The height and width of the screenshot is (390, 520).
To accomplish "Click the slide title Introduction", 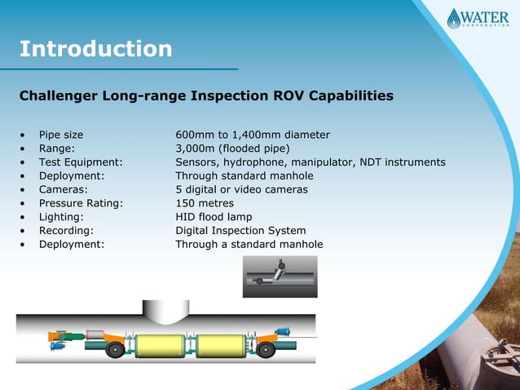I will pyautogui.click(x=95, y=49).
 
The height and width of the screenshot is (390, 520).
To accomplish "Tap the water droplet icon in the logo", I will pyautogui.click(x=455, y=18).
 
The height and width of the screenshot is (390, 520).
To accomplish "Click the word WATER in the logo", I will pyautogui.click(x=486, y=16).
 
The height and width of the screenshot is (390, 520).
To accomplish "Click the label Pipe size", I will pyautogui.click(x=61, y=135).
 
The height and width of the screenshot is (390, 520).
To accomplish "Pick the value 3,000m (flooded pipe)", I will pyautogui.click(x=232, y=148).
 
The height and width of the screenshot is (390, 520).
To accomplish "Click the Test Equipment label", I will pyautogui.click(x=80, y=162).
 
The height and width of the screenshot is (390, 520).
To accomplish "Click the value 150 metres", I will pyautogui.click(x=205, y=203).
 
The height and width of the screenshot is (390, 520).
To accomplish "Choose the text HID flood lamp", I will pyautogui.click(x=214, y=217).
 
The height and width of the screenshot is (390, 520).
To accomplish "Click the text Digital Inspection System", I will pyautogui.click(x=240, y=231).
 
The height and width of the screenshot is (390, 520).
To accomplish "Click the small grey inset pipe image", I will pyautogui.click(x=280, y=276).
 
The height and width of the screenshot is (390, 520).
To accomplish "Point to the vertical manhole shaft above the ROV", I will pyautogui.click(x=164, y=309).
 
